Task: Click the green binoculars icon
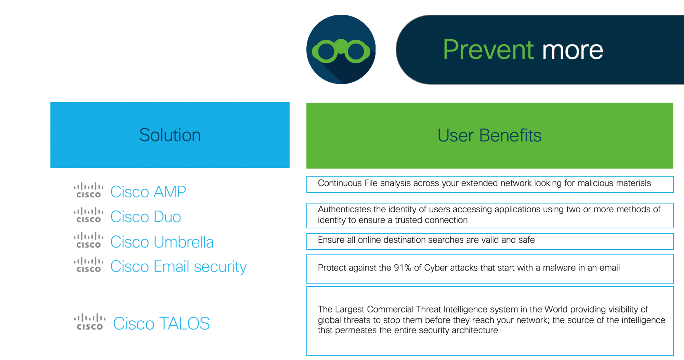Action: click(x=341, y=51)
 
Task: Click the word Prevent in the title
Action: click(x=488, y=50)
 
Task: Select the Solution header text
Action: click(x=170, y=135)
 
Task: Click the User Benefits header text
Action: click(x=489, y=135)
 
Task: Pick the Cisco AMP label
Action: click(x=148, y=191)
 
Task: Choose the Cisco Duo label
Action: click(x=146, y=217)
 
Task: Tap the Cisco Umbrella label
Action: click(x=162, y=242)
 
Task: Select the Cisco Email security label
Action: click(x=178, y=267)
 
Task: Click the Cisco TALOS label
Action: click(x=161, y=323)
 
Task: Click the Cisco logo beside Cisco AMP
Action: click(x=89, y=190)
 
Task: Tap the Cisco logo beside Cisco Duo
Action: click(x=89, y=215)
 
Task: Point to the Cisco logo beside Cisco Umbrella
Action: click(x=89, y=240)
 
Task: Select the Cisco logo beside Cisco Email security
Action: click(x=89, y=265)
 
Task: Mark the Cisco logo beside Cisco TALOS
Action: click(x=90, y=322)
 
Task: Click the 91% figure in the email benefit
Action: click(x=403, y=268)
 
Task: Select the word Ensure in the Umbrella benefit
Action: click(x=331, y=240)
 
